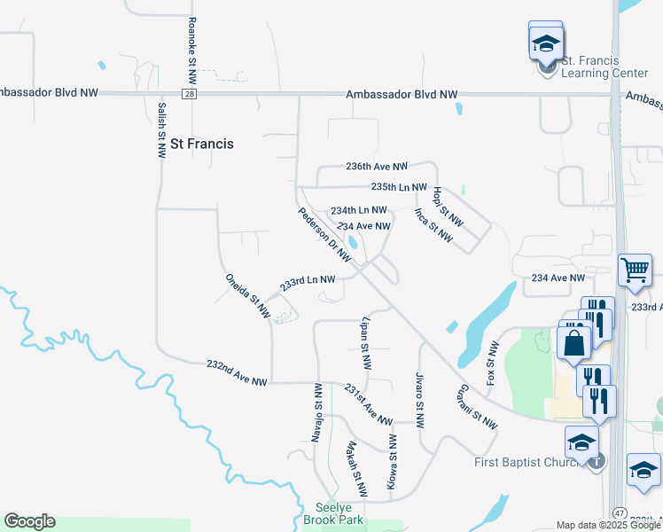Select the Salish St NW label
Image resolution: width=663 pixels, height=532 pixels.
point(161,129)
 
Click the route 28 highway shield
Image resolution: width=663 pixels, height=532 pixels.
point(191,93)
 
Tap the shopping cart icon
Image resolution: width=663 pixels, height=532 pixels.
point(636,269)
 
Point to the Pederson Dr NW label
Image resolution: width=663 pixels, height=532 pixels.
point(324,234)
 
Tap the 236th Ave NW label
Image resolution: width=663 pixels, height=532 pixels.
point(376,167)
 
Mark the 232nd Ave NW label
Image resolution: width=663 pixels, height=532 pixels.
point(236,372)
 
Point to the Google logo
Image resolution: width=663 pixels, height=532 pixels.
point(29,521)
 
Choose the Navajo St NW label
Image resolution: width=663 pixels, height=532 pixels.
point(316,411)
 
